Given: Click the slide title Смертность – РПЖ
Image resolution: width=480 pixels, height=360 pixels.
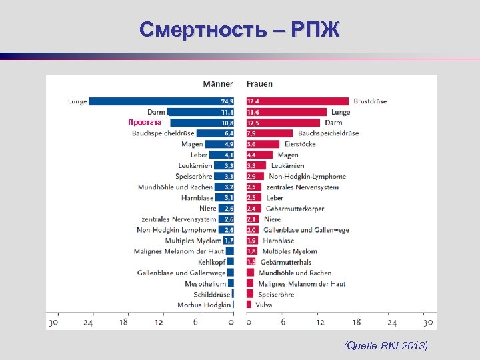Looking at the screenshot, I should [x=240, y=30].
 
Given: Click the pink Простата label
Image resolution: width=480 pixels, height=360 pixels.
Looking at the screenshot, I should [x=145, y=123].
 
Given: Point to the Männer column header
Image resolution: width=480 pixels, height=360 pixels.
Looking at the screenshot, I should [x=218, y=84].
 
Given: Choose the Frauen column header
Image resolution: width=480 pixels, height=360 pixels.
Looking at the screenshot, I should [x=259, y=84].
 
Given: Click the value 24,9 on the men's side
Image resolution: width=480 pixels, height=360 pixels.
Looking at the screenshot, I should [x=227, y=101].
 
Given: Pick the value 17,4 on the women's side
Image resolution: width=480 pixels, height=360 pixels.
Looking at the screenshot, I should [x=253, y=101].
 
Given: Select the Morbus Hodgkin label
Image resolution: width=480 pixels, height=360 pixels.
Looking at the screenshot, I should [x=204, y=305].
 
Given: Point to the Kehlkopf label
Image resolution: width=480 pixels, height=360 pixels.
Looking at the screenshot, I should [x=211, y=262].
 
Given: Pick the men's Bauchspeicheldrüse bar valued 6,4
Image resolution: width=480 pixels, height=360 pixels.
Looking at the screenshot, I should [x=217, y=133].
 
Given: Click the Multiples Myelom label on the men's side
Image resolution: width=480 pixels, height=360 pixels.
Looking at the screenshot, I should [x=193, y=240].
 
